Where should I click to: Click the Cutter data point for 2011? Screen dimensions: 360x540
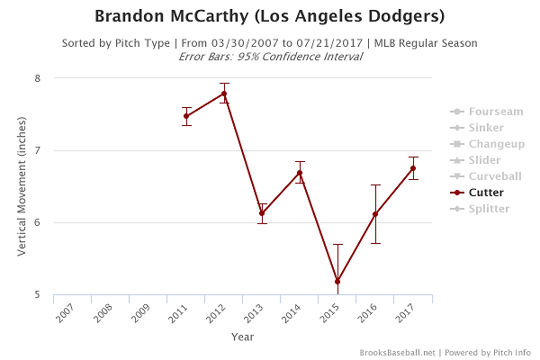pos(186,116)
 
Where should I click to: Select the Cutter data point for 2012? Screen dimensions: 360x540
pos(224,94)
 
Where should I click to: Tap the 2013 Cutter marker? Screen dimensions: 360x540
pos(262,213)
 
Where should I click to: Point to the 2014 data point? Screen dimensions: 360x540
pos(300,173)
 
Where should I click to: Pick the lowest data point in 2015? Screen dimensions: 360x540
pos(337,282)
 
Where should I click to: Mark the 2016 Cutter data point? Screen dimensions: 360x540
pos(375,214)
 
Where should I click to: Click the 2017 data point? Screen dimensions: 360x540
pos(413,168)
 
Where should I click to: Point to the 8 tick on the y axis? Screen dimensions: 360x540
pos(39,78)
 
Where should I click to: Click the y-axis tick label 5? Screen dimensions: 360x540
pos(39,294)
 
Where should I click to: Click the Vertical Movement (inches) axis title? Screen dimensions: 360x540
pos(22,186)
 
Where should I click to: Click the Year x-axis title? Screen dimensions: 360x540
pos(242,337)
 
